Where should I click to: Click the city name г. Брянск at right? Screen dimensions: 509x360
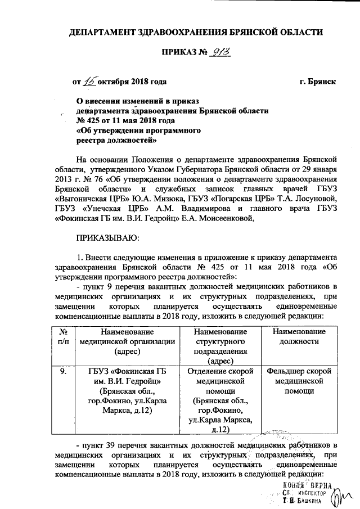coord(318,82)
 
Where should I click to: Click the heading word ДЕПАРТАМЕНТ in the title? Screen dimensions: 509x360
coord(105,33)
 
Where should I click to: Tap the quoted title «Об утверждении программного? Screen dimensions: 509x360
coord(139,130)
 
